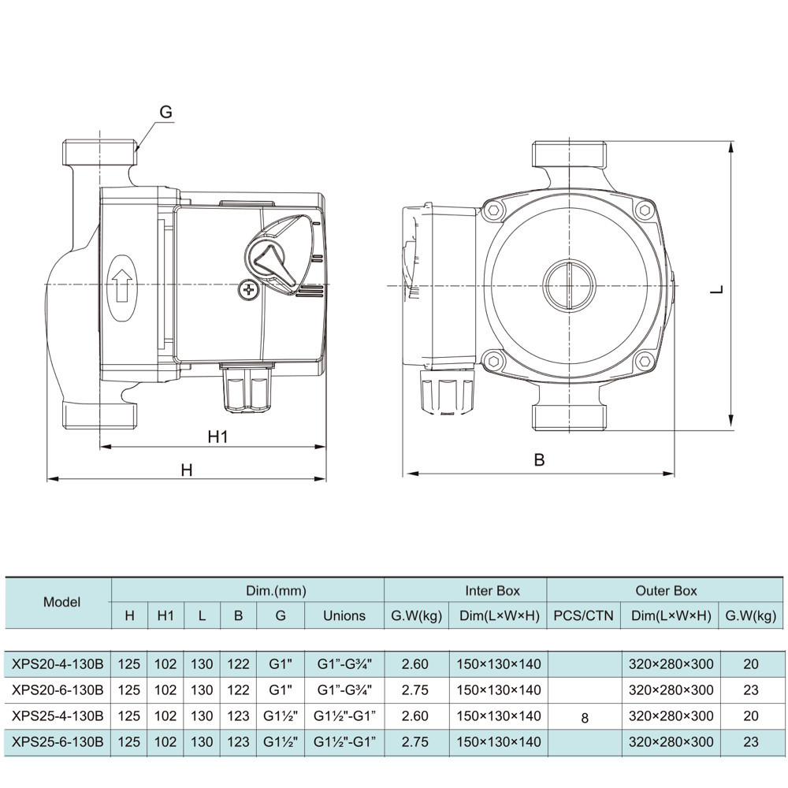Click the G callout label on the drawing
(x=165, y=112)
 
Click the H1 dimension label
(x=217, y=436)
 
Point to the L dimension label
(x=716, y=288)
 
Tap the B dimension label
(x=539, y=460)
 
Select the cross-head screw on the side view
(x=250, y=290)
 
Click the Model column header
(x=61, y=603)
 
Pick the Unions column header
(x=344, y=615)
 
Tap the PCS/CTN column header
(x=583, y=615)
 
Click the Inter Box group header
(x=492, y=590)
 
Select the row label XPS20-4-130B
(x=58, y=664)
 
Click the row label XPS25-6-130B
(x=58, y=742)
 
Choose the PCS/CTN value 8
(x=584, y=718)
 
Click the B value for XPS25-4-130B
(x=238, y=716)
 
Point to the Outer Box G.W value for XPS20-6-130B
(x=750, y=690)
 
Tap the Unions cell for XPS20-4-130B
(x=344, y=664)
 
